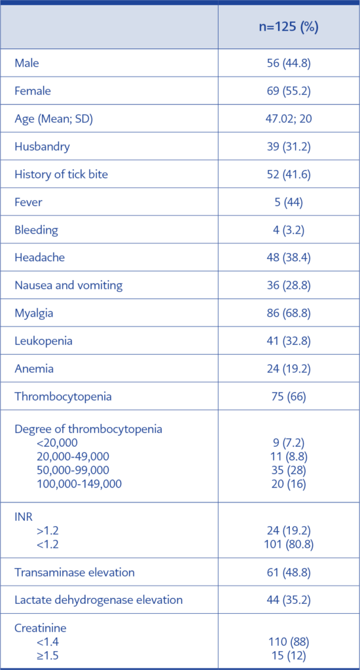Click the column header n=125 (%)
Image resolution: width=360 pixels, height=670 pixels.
click(x=288, y=27)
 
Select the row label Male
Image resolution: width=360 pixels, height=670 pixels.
click(x=27, y=63)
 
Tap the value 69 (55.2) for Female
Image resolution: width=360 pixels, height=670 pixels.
click(x=288, y=91)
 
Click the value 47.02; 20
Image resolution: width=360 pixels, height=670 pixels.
click(x=288, y=119)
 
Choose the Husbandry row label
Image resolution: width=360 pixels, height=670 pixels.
click(x=43, y=147)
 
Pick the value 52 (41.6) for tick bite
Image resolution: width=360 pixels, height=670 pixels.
click(x=288, y=174)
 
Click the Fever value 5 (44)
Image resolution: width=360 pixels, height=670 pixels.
click(x=288, y=202)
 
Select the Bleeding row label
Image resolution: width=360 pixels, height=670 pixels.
click(x=37, y=230)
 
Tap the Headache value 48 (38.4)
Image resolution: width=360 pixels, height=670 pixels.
click(x=288, y=258)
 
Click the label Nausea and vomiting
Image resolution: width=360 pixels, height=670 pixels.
click(x=69, y=285)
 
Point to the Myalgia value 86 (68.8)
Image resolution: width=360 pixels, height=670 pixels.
click(x=288, y=313)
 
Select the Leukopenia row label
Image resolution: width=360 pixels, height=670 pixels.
click(x=43, y=341)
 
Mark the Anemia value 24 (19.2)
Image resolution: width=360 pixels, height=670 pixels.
click(x=288, y=368)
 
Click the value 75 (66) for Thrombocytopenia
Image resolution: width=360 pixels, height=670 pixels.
click(x=288, y=397)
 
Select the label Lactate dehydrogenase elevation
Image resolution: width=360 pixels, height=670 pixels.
click(x=99, y=600)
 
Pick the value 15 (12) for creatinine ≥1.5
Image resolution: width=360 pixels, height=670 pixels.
click(x=288, y=655)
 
